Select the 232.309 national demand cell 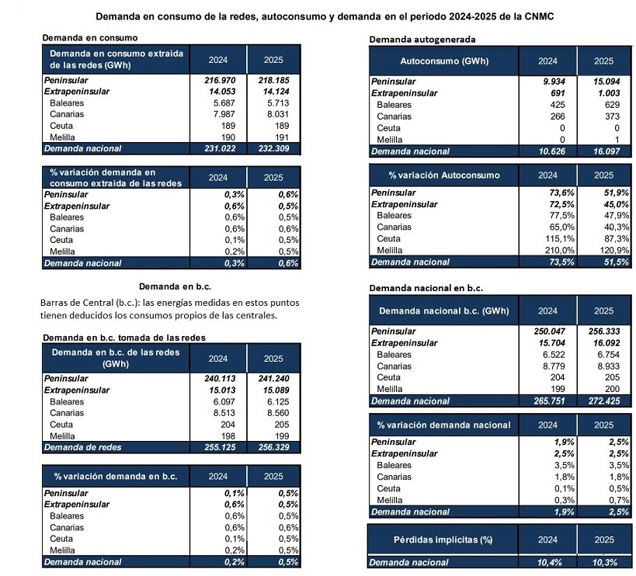266,147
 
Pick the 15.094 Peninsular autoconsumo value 602,82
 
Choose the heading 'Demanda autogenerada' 422,39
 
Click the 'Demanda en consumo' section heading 90,37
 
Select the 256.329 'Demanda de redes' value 266,447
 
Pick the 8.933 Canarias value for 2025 602,366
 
